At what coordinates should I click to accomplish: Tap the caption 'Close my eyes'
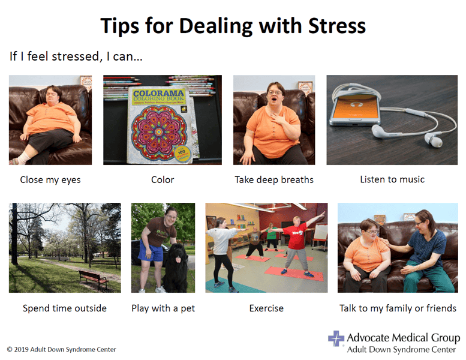[50, 179]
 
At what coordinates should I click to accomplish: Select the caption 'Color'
[163, 179]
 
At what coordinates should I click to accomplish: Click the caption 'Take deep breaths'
[274, 180]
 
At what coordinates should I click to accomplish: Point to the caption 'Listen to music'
[392, 179]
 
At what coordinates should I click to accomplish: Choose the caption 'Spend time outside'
[65, 308]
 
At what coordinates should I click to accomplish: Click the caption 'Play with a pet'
[163, 308]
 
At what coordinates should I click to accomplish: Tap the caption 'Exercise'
[266, 308]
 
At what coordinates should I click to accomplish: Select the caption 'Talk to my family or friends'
[398, 308]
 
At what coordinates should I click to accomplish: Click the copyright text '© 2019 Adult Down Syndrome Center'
[62, 349]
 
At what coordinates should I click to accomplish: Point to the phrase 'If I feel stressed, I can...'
[76, 57]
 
